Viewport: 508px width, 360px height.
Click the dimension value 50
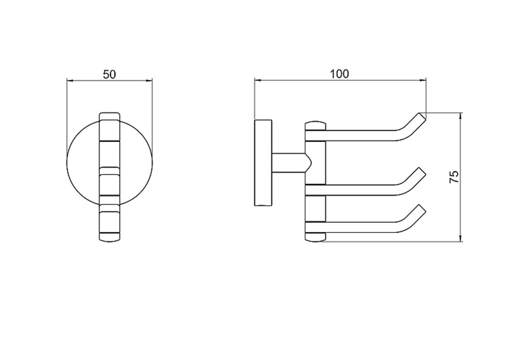pyautogui.click(x=109, y=74)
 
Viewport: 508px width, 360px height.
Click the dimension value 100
pyautogui.click(x=339, y=74)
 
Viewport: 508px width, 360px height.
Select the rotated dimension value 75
pyautogui.click(x=454, y=177)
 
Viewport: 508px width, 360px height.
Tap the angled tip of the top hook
pyautogui.click(x=423, y=116)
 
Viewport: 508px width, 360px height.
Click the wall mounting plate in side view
pyautogui.click(x=263, y=163)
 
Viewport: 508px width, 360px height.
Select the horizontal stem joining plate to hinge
pyautogui.click(x=289, y=163)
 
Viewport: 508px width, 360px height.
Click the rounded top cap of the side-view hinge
pyautogui.click(x=315, y=126)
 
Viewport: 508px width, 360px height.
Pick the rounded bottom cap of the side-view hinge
pyautogui.click(x=315, y=237)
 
